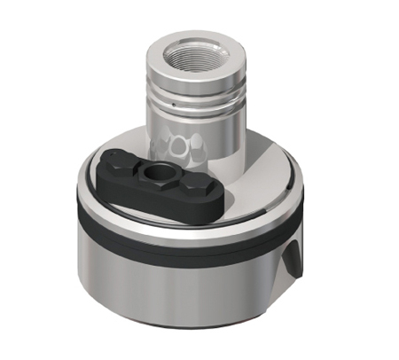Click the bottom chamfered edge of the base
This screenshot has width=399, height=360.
click(177, 320)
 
